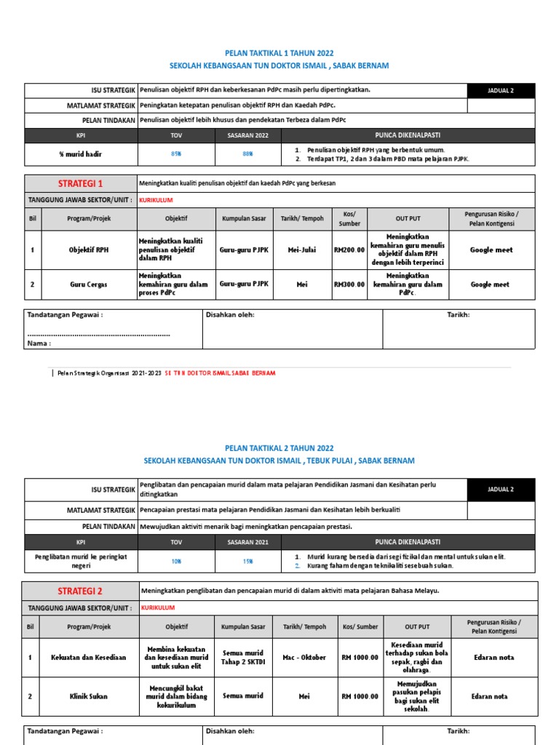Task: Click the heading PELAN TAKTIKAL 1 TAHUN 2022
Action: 279,52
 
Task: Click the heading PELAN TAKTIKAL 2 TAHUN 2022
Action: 279,448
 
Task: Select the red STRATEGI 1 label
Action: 81,183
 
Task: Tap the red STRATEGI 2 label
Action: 81,591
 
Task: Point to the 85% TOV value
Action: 176,154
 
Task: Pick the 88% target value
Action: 247,154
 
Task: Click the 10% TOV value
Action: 176,561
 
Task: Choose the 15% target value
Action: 247,561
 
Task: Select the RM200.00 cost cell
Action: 349,250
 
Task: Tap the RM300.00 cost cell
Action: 349,284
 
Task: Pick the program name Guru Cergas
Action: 87,284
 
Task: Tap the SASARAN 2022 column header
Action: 247,135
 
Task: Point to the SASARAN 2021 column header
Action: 247,542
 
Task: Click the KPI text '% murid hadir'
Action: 81,154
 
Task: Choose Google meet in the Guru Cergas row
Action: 491,284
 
